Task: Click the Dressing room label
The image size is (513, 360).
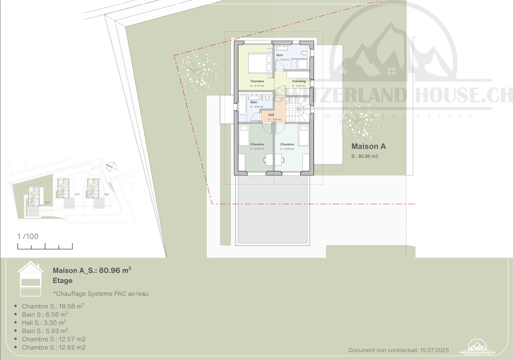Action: pos(299,81)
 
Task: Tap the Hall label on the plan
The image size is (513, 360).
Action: pos(271,115)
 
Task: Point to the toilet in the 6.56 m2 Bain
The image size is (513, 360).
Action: pos(304,53)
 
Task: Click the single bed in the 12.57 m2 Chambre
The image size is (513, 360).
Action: pos(244,135)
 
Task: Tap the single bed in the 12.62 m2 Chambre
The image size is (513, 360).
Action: pos(303,135)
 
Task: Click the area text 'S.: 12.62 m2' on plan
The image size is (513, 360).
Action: pos(287,149)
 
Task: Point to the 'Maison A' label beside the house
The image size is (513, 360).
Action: pos(368,147)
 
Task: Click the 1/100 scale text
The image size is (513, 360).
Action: pos(28,236)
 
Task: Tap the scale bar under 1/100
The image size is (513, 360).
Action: pos(45,246)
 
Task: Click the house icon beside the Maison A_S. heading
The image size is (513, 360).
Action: pos(30,279)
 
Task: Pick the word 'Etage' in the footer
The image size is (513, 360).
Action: pos(63,281)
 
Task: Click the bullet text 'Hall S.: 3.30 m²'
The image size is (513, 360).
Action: pos(44,322)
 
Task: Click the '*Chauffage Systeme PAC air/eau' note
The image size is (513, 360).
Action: pos(101,294)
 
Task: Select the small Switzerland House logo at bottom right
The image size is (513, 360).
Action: pos(477,347)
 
